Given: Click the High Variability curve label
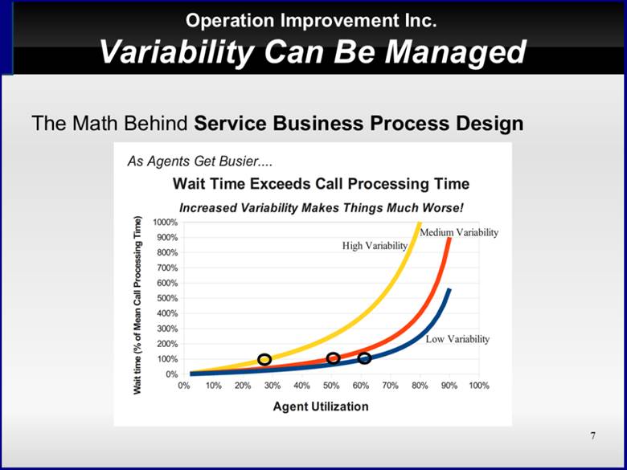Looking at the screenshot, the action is (x=375, y=246).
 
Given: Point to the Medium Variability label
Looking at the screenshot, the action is (x=459, y=233).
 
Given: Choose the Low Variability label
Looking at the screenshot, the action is (x=457, y=339).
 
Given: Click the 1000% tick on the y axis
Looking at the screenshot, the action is (x=165, y=223).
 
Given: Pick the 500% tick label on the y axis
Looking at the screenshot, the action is (x=166, y=299).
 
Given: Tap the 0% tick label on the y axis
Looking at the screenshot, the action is (x=171, y=374).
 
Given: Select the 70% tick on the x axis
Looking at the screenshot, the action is (x=391, y=386).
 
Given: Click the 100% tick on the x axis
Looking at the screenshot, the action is (x=479, y=386).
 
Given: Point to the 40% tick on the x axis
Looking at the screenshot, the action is (x=302, y=386).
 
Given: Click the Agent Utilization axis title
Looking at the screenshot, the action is (x=321, y=407).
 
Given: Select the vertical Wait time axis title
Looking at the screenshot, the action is (x=137, y=305).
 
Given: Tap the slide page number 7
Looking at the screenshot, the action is (x=592, y=435).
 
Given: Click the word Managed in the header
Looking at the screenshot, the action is (x=455, y=53).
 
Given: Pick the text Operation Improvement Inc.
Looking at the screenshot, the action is (x=311, y=20).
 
